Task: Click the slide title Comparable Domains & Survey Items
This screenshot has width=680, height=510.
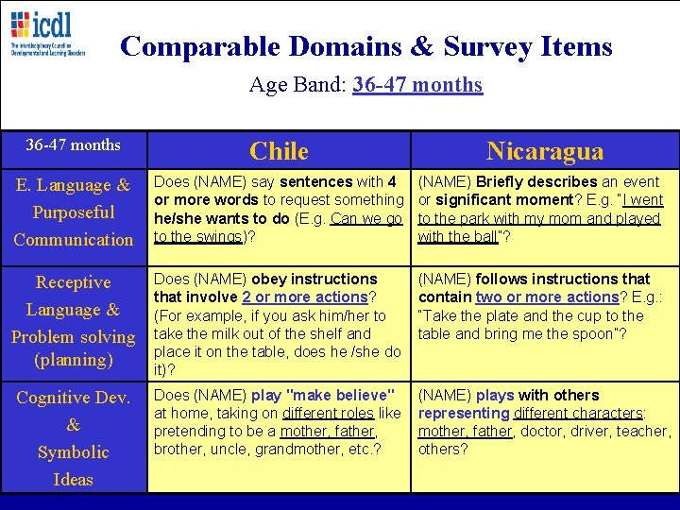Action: (x=366, y=46)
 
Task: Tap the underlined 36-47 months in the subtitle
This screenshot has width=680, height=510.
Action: (x=417, y=85)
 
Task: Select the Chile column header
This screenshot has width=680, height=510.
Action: (x=279, y=151)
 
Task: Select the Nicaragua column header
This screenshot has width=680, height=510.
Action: (x=544, y=151)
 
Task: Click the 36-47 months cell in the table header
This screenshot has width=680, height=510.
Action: (x=74, y=144)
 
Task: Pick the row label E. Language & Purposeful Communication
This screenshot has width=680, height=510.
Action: (x=74, y=212)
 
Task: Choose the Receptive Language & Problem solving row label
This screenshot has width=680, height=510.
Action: (x=74, y=321)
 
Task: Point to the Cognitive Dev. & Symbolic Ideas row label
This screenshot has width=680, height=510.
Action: (x=74, y=438)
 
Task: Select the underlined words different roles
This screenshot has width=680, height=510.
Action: (x=323, y=413)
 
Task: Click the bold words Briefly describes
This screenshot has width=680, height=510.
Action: (x=536, y=181)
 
